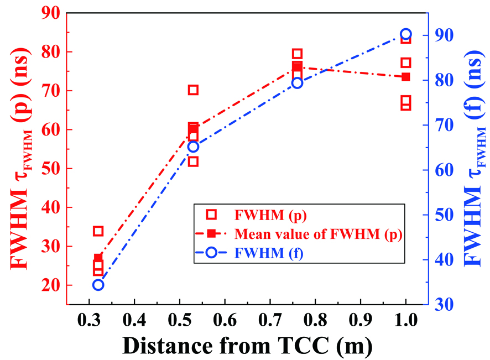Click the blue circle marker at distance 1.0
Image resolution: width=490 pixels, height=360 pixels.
click(x=405, y=34)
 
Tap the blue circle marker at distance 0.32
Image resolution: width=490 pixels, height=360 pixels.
click(x=98, y=285)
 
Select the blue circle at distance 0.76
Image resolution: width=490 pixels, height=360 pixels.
click(x=298, y=83)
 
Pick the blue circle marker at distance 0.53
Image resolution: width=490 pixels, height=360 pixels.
click(x=193, y=147)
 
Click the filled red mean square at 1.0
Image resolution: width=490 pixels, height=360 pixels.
click(x=405, y=77)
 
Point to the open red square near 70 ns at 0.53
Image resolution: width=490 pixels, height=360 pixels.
click(x=193, y=90)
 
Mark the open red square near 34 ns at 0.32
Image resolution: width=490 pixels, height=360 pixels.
click(x=98, y=231)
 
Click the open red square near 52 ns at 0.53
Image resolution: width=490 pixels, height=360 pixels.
click(x=193, y=161)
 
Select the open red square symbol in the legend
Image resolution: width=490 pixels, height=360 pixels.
click(x=211, y=214)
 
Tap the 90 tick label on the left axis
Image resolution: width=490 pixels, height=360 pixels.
click(x=49, y=13)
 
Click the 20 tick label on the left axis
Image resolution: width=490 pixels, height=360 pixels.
click(x=49, y=285)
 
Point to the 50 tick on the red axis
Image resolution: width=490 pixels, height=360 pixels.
click(x=49, y=169)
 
